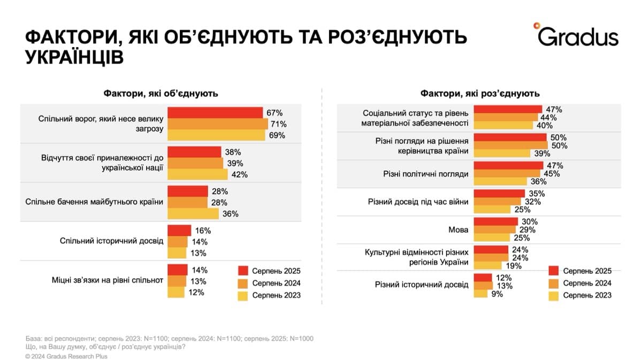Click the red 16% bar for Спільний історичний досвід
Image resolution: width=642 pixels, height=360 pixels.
179,231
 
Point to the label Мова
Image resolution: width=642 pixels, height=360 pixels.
458,230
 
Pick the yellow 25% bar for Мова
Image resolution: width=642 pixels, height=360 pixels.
492,238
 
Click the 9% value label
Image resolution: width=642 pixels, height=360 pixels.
497,293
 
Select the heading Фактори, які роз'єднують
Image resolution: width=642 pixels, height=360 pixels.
480,94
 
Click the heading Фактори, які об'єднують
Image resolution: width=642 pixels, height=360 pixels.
160,94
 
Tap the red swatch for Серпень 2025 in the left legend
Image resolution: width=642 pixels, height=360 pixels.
243,271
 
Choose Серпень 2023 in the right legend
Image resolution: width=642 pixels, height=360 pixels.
587,295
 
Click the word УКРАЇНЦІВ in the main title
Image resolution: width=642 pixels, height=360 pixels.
74,56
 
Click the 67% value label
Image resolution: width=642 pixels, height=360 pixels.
274,113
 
